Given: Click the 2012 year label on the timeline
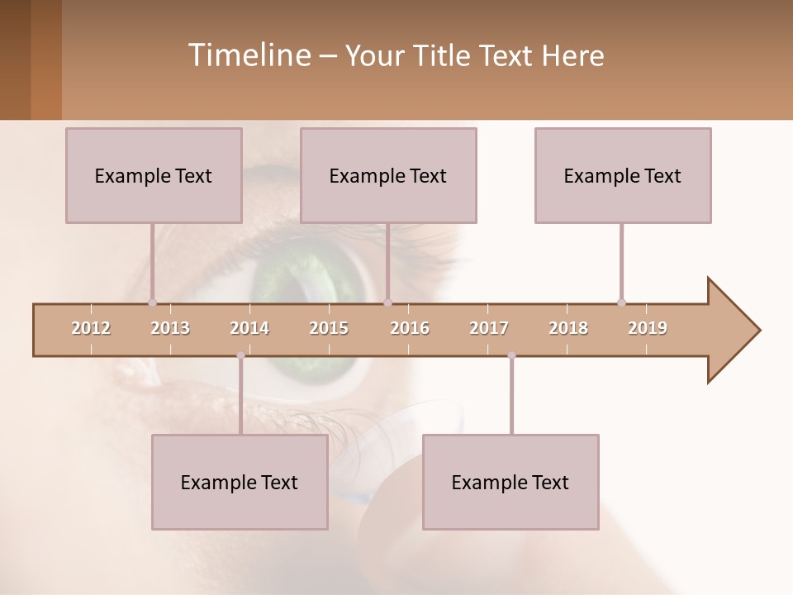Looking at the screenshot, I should click(91, 328).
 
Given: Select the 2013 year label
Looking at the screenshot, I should click(170, 328).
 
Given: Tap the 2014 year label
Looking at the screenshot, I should click(249, 328).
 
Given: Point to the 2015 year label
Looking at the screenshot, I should click(329, 328).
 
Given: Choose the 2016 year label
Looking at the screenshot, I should click(410, 328).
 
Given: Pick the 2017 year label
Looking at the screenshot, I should click(489, 328).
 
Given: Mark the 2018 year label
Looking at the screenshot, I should click(568, 328).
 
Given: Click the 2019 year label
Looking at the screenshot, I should click(648, 328).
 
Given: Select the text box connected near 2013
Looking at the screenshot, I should click(154, 175).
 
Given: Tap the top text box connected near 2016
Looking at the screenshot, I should click(388, 175).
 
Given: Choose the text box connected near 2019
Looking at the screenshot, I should click(623, 175).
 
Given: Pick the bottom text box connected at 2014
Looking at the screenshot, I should click(240, 482).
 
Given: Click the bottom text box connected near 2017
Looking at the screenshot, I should click(510, 482).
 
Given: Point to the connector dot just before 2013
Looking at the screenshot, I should click(152, 302).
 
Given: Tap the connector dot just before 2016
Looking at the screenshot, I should click(387, 302).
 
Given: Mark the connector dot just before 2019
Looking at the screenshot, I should click(621, 302).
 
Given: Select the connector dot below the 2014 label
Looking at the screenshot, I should click(240, 356).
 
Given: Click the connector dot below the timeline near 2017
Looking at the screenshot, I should click(511, 356).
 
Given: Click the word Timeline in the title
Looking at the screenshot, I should click(248, 55).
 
